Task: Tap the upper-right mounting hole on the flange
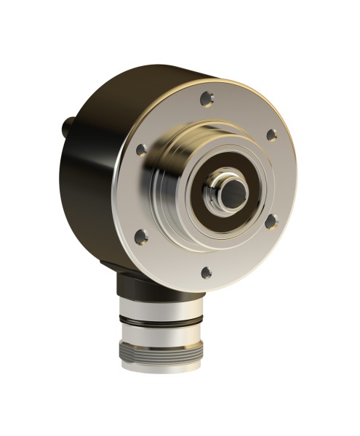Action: tap(271, 134)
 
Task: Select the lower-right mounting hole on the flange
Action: tap(271, 222)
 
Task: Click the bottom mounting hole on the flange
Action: tap(206, 272)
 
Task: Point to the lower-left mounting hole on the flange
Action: tap(143, 236)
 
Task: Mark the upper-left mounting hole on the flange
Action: tap(142, 148)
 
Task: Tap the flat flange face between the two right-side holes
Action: tap(280, 178)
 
